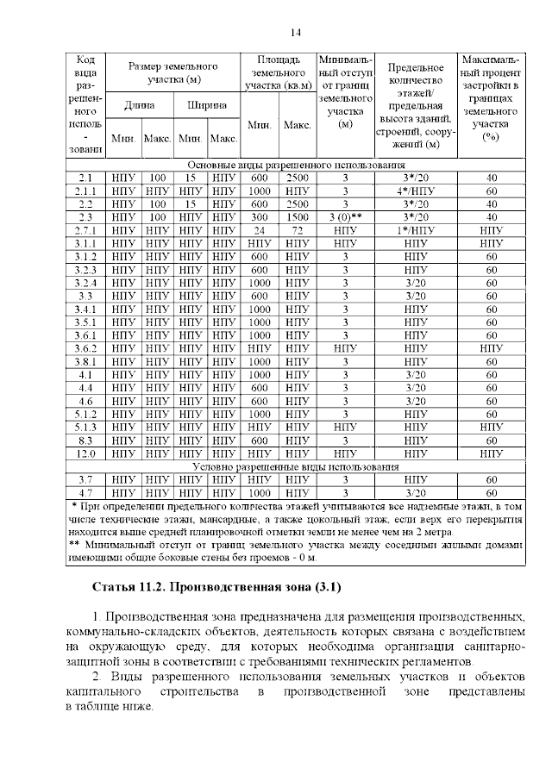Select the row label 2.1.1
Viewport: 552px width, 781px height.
point(85,191)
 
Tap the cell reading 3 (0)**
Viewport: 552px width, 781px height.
point(345,217)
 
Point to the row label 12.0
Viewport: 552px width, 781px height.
point(85,453)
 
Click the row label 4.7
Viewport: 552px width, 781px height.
point(85,492)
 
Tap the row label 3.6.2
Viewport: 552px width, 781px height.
point(85,348)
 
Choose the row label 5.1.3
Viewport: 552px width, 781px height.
point(85,427)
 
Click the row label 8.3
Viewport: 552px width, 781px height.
point(85,440)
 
